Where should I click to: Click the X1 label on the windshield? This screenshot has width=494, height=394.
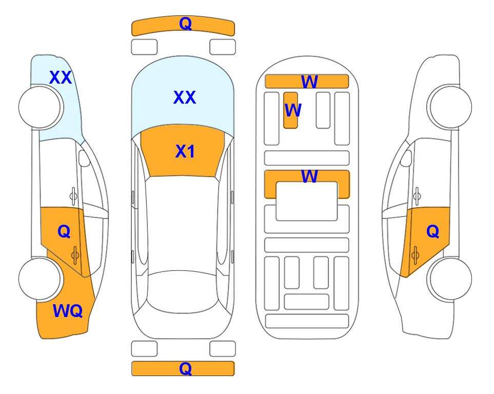(x=185, y=151)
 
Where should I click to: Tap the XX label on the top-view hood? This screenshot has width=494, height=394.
(x=185, y=97)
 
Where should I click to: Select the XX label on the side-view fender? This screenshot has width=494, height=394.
(x=61, y=77)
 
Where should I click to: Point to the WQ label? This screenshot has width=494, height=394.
(x=68, y=311)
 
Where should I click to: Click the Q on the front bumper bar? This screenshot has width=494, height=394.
(x=185, y=23)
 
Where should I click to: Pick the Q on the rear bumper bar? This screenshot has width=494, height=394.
(x=185, y=368)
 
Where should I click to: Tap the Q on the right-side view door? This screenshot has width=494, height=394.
(x=432, y=231)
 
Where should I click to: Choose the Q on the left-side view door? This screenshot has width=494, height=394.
(x=64, y=232)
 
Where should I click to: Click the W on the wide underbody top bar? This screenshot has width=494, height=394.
(x=309, y=82)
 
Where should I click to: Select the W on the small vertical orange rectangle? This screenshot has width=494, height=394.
(x=293, y=110)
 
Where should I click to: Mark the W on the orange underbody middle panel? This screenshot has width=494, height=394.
(x=309, y=176)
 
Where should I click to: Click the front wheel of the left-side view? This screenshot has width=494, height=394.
(x=39, y=107)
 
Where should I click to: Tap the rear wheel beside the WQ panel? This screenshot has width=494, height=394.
(x=39, y=279)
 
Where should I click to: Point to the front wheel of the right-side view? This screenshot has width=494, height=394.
(x=450, y=107)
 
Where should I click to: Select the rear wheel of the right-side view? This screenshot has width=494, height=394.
(x=450, y=279)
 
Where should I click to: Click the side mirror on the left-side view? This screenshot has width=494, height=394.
(x=84, y=158)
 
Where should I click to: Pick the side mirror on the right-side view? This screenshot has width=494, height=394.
(x=406, y=158)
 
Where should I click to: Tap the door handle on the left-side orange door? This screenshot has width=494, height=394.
(x=75, y=255)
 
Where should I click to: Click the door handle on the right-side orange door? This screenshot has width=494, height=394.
(x=415, y=255)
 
